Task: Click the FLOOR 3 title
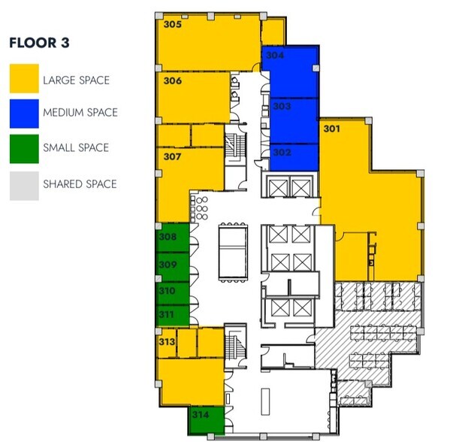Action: (40, 43)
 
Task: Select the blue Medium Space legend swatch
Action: (23, 113)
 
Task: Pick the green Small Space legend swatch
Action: (23, 148)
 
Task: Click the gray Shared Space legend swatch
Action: (23, 184)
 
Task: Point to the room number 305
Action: (172, 24)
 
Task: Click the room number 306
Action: (172, 80)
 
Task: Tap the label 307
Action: (172, 157)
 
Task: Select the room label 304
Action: (275, 56)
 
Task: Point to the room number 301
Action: (331, 129)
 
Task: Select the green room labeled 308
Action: (171, 241)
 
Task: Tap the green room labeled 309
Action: (171, 267)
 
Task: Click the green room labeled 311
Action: (171, 315)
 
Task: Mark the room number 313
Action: (167, 342)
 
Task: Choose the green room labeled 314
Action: (205, 421)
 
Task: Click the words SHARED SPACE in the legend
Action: (80, 184)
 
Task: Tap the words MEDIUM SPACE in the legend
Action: (80, 113)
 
